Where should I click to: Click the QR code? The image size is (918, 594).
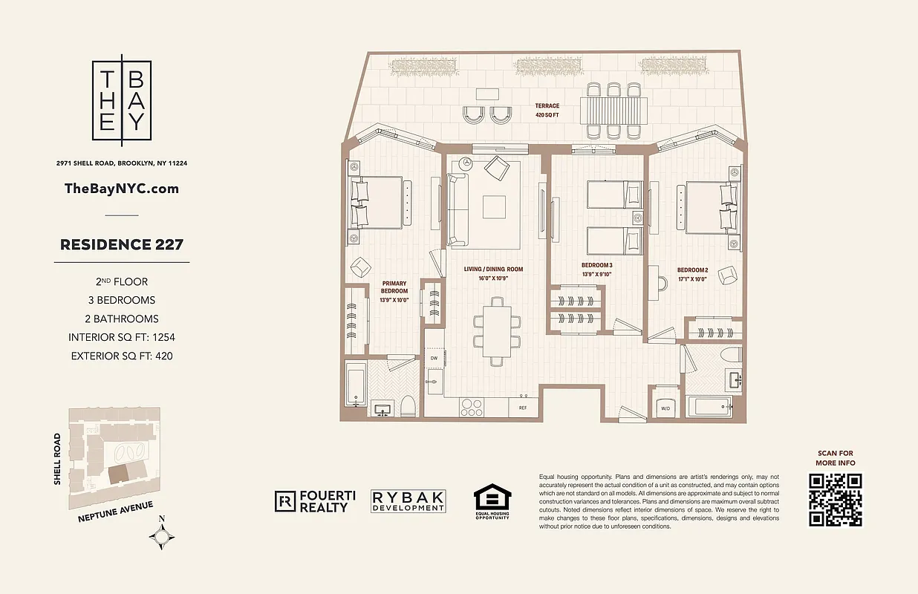(836, 499)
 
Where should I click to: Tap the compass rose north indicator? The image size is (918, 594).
(163, 535)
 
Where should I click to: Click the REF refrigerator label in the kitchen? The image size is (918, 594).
(523, 408)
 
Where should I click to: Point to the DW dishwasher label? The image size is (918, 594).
(434, 358)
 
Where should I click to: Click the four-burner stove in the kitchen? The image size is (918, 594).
(472, 407)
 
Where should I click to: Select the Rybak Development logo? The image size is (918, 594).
(408, 502)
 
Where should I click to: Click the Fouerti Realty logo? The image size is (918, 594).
(311, 502)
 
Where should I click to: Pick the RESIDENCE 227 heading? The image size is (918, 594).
(121, 244)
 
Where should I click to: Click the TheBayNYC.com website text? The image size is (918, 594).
(122, 188)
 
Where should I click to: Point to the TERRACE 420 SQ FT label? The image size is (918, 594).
(547, 111)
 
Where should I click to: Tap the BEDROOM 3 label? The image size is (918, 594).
(597, 269)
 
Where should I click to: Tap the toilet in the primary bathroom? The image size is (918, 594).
(407, 405)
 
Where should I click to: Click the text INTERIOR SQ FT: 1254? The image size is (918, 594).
(123, 337)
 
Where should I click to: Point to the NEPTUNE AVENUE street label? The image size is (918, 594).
(115, 512)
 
